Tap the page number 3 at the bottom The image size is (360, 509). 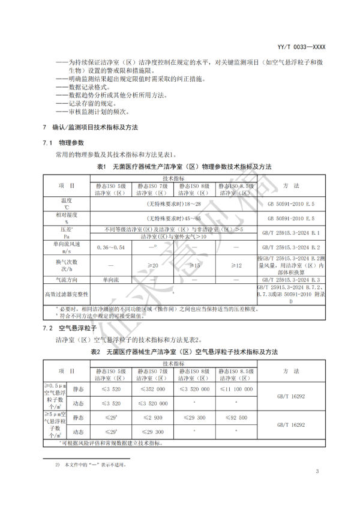pos(317,471)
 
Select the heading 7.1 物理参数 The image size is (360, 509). pos(63,143)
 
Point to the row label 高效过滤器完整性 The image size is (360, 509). pos(66,294)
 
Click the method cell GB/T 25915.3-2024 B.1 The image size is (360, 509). pos(291,232)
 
